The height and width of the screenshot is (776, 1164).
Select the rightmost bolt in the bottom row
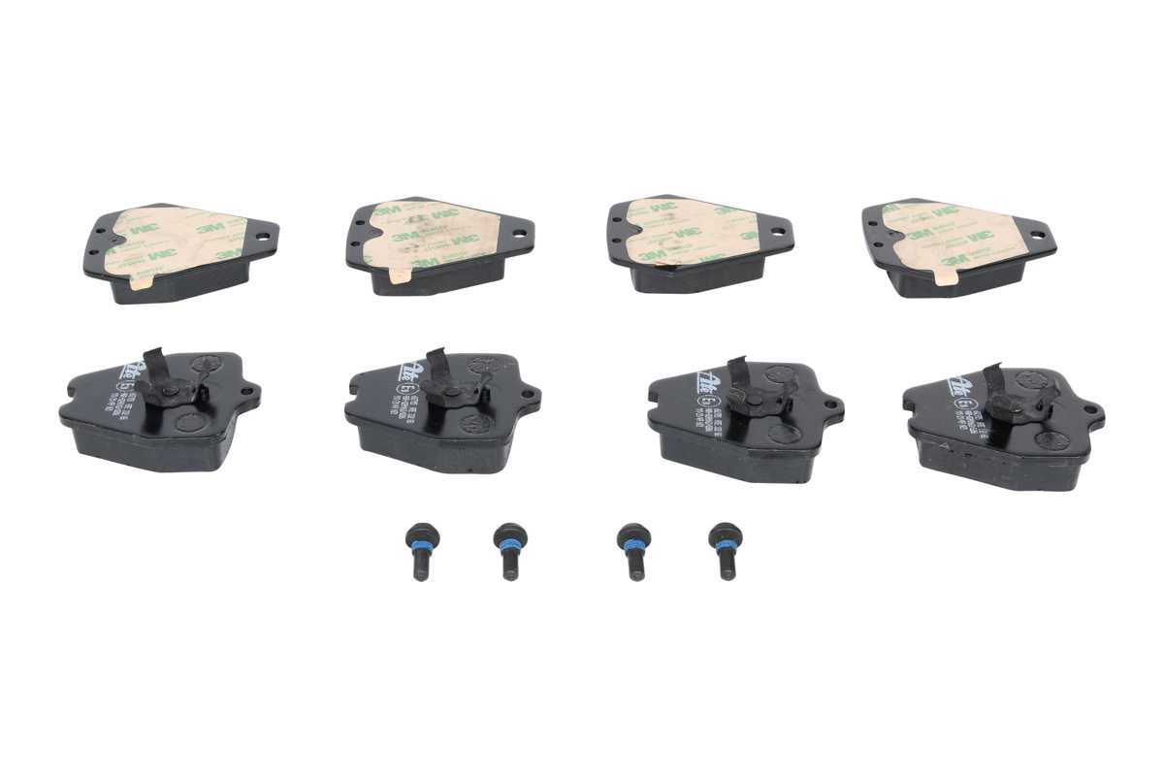pyautogui.click(x=724, y=550)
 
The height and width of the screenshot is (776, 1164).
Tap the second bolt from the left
pyautogui.click(x=508, y=551)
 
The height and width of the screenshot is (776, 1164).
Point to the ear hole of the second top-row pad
pyautogui.click(x=519, y=232)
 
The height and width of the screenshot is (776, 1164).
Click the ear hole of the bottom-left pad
pyautogui.click(x=246, y=392)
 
